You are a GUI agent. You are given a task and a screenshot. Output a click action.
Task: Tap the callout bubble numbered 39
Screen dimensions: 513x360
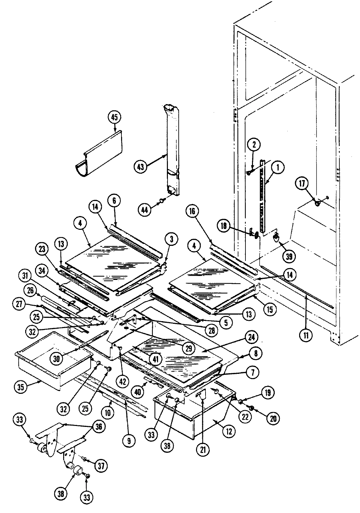click(x=288, y=256)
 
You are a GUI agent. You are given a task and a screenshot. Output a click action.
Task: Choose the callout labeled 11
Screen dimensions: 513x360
click(x=306, y=335)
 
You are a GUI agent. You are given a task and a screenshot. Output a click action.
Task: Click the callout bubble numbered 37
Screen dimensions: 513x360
click(x=101, y=466)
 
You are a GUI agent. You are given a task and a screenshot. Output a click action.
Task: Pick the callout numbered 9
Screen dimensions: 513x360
click(x=129, y=441)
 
